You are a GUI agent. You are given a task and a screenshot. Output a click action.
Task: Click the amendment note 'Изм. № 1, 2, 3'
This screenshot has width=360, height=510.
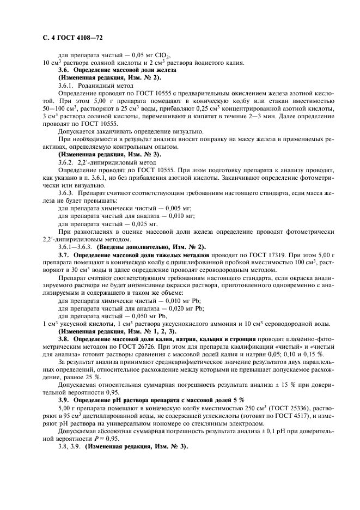pos(155,330)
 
